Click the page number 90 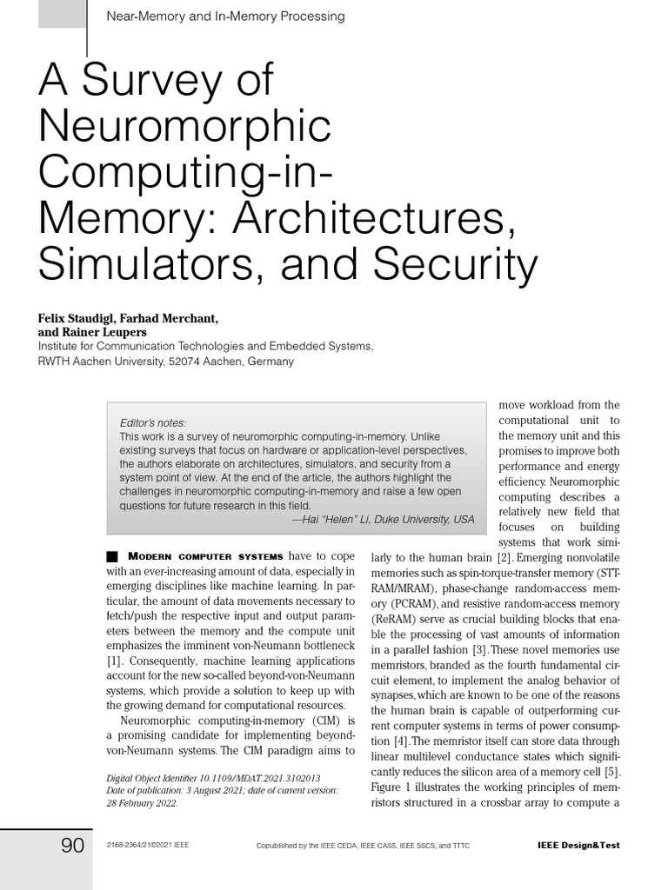pos(72,845)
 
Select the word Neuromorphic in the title pos(185,127)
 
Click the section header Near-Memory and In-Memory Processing pos(224,16)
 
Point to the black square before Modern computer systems pos(110,556)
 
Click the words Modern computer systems pos(205,556)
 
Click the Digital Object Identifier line pos(213,778)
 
